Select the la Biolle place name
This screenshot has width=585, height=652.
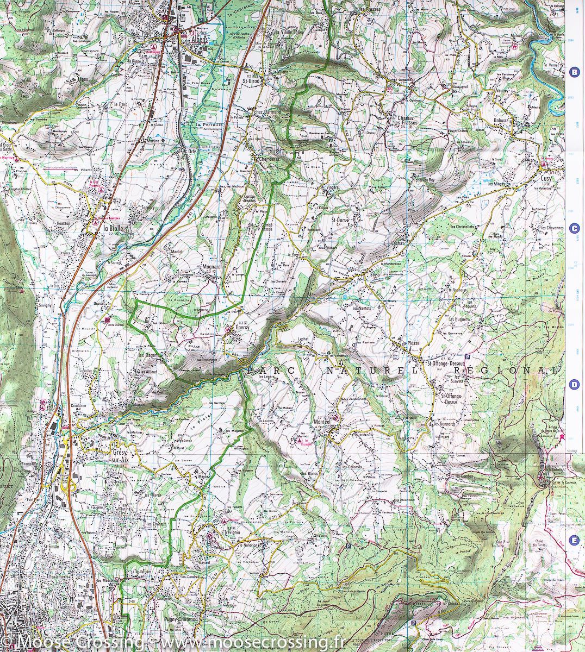pyautogui.click(x=114, y=229)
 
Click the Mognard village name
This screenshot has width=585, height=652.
pyautogui.click(x=211, y=267)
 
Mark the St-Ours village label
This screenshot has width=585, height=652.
pyautogui.click(x=340, y=220)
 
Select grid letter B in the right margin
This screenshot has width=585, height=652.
pyautogui.click(x=573, y=71)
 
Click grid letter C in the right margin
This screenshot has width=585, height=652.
pyautogui.click(x=573, y=229)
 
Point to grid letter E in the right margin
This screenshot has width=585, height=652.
pyautogui.click(x=573, y=540)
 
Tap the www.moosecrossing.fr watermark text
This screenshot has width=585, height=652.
pyautogui.click(x=254, y=643)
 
